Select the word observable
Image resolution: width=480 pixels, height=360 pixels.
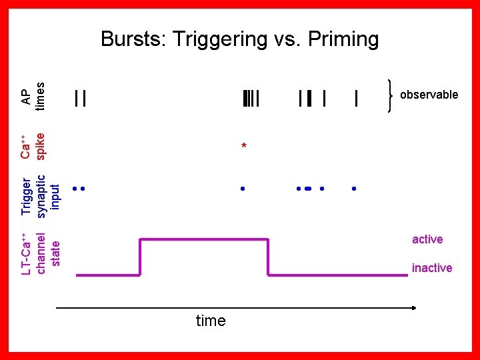pyautogui.click(x=429, y=95)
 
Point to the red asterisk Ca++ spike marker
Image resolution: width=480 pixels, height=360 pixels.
pyautogui.click(x=244, y=146)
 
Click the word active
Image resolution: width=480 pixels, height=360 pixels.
pyautogui.click(x=427, y=239)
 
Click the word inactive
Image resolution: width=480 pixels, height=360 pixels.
pyautogui.click(x=432, y=268)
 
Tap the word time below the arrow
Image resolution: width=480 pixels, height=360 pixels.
pyautogui.click(x=211, y=321)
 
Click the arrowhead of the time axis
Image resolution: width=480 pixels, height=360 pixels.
pyautogui.click(x=413, y=307)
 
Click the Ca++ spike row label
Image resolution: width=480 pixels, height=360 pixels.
pyautogui.click(x=32, y=147)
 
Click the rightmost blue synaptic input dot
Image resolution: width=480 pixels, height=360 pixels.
pyautogui.click(x=354, y=189)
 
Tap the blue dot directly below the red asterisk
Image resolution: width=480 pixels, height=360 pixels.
pyautogui.click(x=243, y=189)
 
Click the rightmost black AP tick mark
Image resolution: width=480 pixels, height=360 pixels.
pyautogui.click(x=357, y=99)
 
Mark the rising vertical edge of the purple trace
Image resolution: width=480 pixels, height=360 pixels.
pyautogui.click(x=140, y=257)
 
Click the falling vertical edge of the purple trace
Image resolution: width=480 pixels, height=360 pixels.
pyautogui.click(x=268, y=257)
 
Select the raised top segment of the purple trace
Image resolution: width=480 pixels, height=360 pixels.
pyautogui.click(x=203, y=239)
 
